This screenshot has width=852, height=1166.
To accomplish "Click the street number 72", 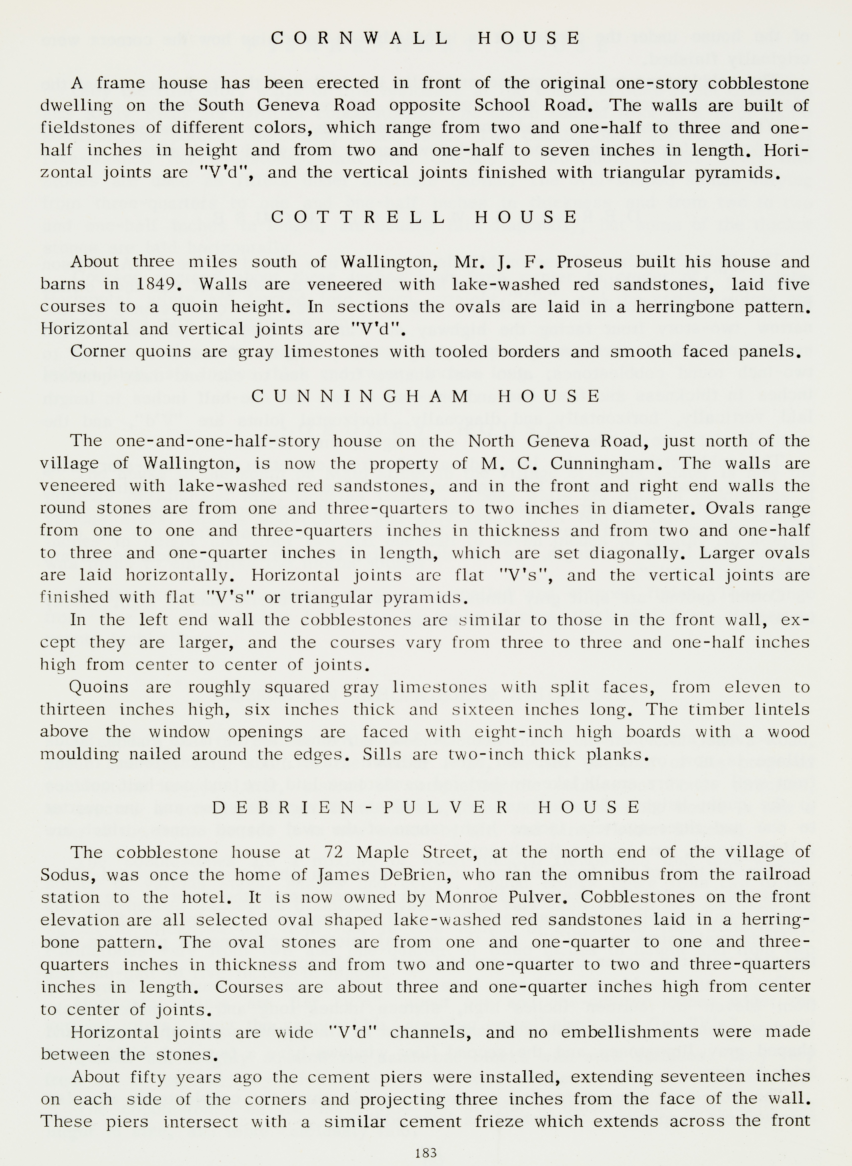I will [x=334, y=852].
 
